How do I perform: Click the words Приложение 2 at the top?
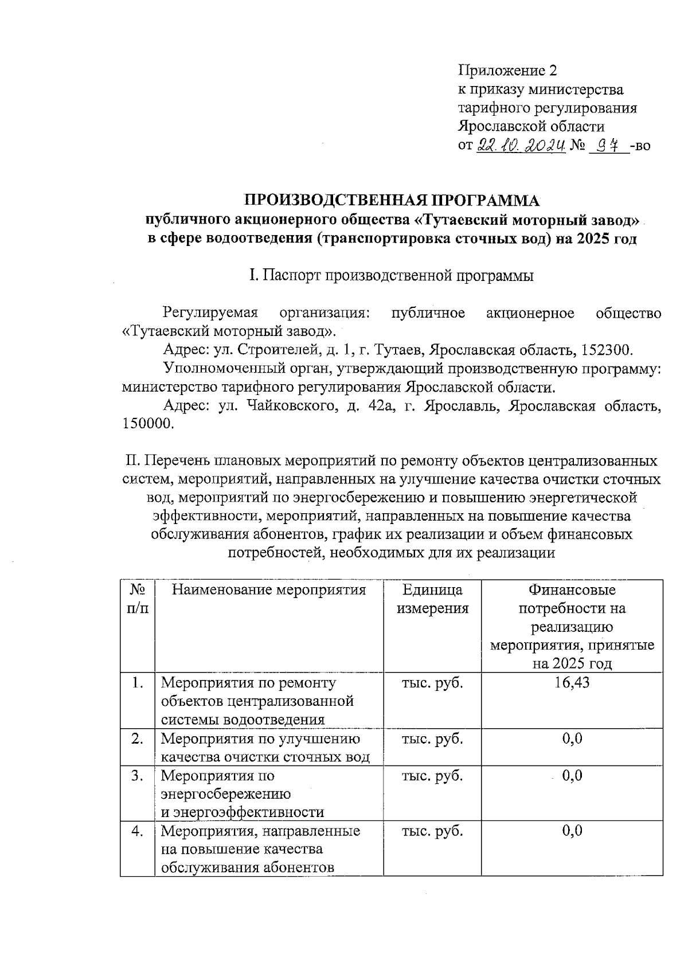click(507, 71)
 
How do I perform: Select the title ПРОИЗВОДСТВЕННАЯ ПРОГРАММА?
click(393, 201)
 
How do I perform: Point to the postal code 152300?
click(607, 350)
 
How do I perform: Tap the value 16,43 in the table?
click(572, 682)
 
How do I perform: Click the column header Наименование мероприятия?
click(269, 590)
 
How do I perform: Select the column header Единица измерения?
click(432, 599)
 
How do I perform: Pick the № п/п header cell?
click(137, 599)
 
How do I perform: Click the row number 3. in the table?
click(137, 776)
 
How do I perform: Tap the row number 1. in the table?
click(137, 682)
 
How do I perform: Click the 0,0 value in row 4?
click(572, 831)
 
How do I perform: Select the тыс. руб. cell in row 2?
click(432, 738)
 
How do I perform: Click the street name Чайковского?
click(291, 406)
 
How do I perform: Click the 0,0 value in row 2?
click(572, 738)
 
